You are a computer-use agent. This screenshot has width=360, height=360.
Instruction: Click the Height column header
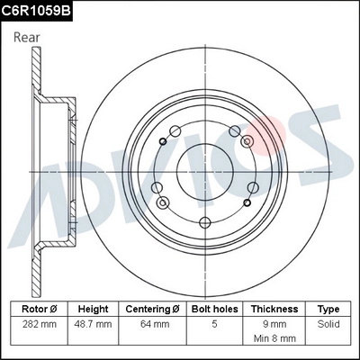pyautogui.click(x=93, y=308)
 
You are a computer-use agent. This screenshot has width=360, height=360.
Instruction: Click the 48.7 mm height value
pyautogui.click(x=93, y=322)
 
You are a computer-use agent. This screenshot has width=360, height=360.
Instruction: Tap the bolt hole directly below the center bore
pyautogui.click(x=204, y=222)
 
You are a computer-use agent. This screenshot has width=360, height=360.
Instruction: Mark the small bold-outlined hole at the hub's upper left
pyautogui.click(x=162, y=140)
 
